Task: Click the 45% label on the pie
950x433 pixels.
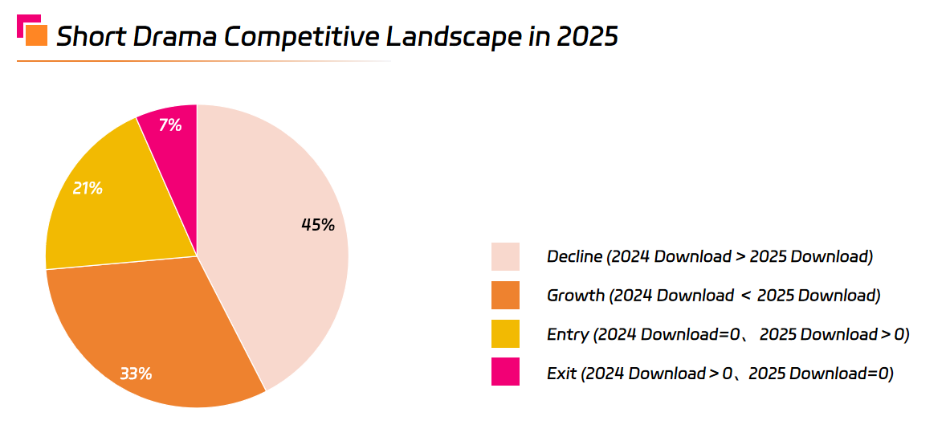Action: click(x=317, y=225)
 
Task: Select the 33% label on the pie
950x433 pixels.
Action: click(x=136, y=374)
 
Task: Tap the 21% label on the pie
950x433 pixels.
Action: click(x=88, y=189)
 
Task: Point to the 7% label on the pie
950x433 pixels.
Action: click(x=170, y=125)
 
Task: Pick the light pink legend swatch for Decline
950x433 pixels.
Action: click(x=505, y=257)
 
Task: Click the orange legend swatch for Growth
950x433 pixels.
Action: click(x=505, y=295)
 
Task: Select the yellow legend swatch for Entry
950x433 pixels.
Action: click(x=505, y=333)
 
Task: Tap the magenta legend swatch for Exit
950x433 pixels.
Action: click(x=505, y=372)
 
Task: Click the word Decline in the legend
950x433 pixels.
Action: click(x=574, y=257)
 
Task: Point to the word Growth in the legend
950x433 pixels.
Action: click(x=576, y=296)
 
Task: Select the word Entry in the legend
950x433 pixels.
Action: click(x=568, y=334)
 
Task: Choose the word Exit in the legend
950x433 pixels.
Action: click(x=561, y=373)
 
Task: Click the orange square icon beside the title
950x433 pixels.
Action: click(x=36, y=36)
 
